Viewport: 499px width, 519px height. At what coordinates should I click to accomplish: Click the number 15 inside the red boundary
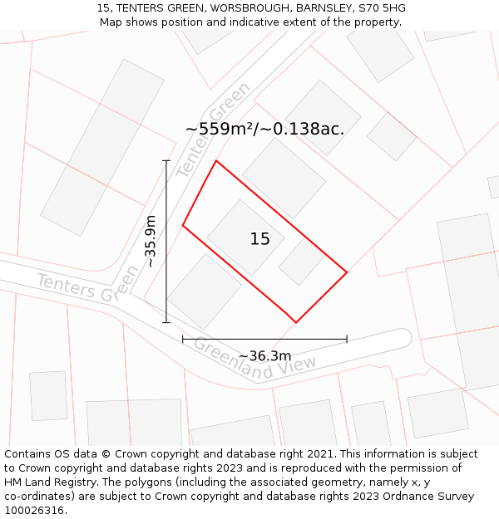coord(259,239)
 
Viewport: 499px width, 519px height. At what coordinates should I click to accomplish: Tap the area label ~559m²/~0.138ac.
coord(264,129)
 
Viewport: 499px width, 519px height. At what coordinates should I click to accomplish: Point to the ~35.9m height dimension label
coord(151,241)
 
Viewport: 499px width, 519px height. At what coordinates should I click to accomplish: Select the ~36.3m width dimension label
coord(264,356)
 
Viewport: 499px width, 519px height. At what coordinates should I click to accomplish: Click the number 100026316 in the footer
coord(34,510)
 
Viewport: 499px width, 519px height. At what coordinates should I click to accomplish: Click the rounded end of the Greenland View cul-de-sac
coord(403,338)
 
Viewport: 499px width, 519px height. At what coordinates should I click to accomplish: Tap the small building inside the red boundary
coord(301,262)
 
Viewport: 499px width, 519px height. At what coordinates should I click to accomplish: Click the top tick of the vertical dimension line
coord(166,161)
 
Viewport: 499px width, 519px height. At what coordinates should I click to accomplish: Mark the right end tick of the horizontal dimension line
coord(347,339)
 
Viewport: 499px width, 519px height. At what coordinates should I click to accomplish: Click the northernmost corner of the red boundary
coord(216,161)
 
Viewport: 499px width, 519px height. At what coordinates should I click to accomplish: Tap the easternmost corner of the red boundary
coord(347,272)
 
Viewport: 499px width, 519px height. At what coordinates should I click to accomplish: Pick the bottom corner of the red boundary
coord(296,322)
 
